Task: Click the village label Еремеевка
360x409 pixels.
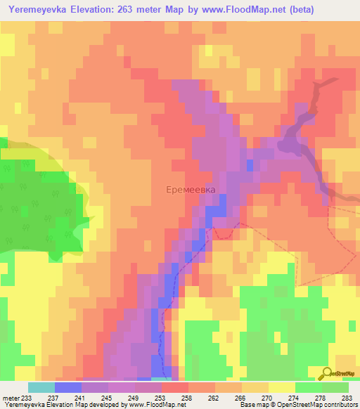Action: (x=191, y=189)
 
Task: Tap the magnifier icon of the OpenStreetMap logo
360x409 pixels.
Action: (x=327, y=372)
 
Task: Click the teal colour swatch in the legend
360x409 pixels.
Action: (x=41, y=387)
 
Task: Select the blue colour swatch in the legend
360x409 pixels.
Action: (x=68, y=387)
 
